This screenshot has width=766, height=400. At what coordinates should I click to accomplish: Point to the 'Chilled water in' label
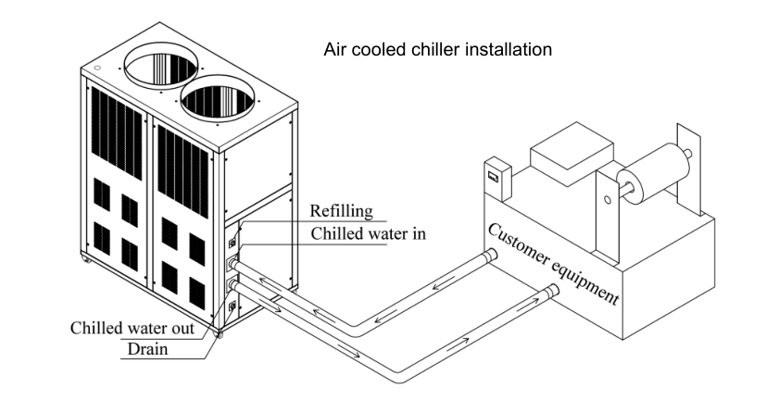click(x=368, y=232)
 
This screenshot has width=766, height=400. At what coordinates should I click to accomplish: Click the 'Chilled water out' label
click(x=132, y=328)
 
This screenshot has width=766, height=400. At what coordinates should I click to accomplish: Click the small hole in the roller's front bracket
click(x=606, y=198)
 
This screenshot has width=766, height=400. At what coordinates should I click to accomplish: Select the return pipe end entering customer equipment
click(x=488, y=255)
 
